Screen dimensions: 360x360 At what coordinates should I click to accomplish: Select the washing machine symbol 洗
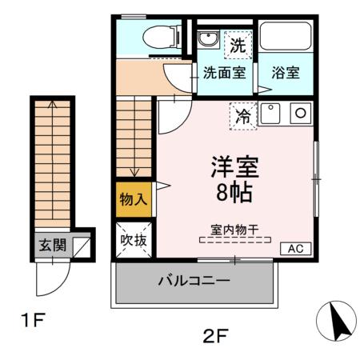[x=238, y=46]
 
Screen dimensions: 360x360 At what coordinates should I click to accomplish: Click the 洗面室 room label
[x=224, y=72]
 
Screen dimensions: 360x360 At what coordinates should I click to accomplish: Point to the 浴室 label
[x=286, y=72]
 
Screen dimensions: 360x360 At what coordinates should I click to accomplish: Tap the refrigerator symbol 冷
[x=243, y=116]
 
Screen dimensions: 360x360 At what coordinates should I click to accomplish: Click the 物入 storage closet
[x=133, y=199]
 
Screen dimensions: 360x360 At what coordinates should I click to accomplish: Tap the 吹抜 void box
[x=133, y=239]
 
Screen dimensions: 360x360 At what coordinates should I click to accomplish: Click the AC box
[x=295, y=248]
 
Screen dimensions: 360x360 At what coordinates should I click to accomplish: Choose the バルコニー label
[x=194, y=282]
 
